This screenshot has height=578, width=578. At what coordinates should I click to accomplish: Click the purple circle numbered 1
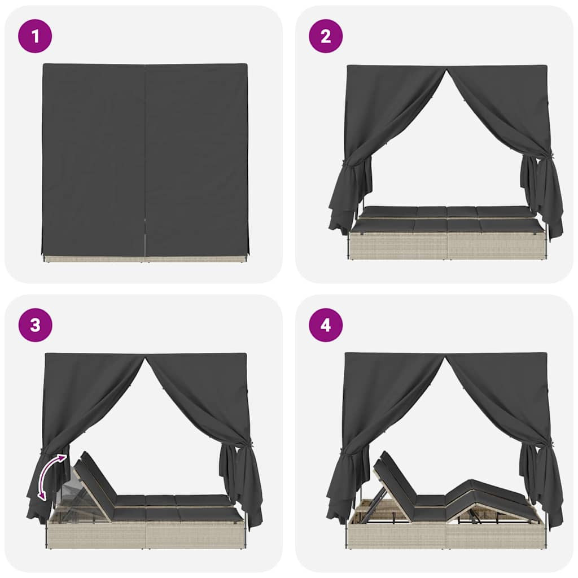[35, 36]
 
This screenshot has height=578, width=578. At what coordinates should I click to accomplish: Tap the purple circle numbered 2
[326, 36]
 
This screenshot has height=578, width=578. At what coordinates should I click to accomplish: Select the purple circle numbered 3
[35, 325]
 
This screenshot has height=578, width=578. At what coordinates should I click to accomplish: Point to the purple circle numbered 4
[326, 325]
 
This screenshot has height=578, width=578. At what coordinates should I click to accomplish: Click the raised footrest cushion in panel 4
[487, 496]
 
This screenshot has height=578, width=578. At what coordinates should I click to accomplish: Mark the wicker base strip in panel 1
[144, 259]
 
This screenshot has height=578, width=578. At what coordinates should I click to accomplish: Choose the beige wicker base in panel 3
[146, 534]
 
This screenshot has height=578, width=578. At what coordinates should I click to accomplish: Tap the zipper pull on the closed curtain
[145, 221]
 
